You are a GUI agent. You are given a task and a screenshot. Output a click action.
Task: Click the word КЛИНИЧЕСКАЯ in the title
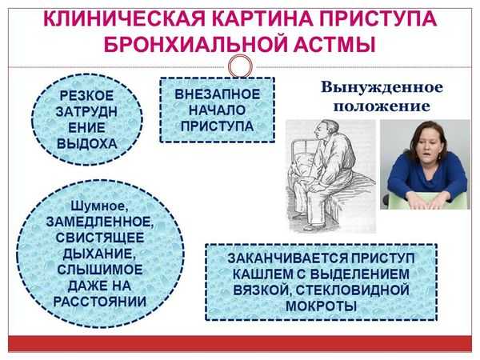pyautogui.click(x=124, y=19)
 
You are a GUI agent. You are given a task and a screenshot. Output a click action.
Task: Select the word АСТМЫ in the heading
pyautogui.click(x=334, y=44)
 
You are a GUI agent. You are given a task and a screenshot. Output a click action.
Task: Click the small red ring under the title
pyautogui.click(x=240, y=66)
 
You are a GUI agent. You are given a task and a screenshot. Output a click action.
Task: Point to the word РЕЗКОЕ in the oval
pyautogui.click(x=86, y=95)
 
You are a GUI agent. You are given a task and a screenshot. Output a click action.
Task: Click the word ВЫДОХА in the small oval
pyautogui.click(x=87, y=144)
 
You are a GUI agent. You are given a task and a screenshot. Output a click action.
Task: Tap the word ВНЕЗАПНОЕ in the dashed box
pyautogui.click(x=217, y=94)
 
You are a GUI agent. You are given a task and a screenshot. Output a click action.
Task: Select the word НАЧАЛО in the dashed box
pyautogui.click(x=217, y=110)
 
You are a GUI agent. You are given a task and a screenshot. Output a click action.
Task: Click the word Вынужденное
pyautogui.click(x=382, y=87)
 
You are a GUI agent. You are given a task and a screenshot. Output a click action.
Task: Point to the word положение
pyautogui.click(x=382, y=106)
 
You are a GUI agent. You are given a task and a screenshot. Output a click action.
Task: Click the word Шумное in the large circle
pyautogui.click(x=99, y=206)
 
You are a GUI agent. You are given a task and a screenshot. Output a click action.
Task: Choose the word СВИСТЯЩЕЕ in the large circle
pyautogui.click(x=100, y=238)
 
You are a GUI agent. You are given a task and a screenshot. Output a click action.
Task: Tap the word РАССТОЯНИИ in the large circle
pyautogui.click(x=100, y=302)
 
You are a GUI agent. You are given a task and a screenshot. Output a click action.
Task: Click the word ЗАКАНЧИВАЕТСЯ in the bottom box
pyautogui.click(x=288, y=258)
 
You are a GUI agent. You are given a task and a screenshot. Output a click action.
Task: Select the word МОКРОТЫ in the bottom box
pyautogui.click(x=321, y=306)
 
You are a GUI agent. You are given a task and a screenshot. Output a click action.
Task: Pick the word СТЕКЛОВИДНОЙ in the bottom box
pyautogui.click(x=353, y=290)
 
